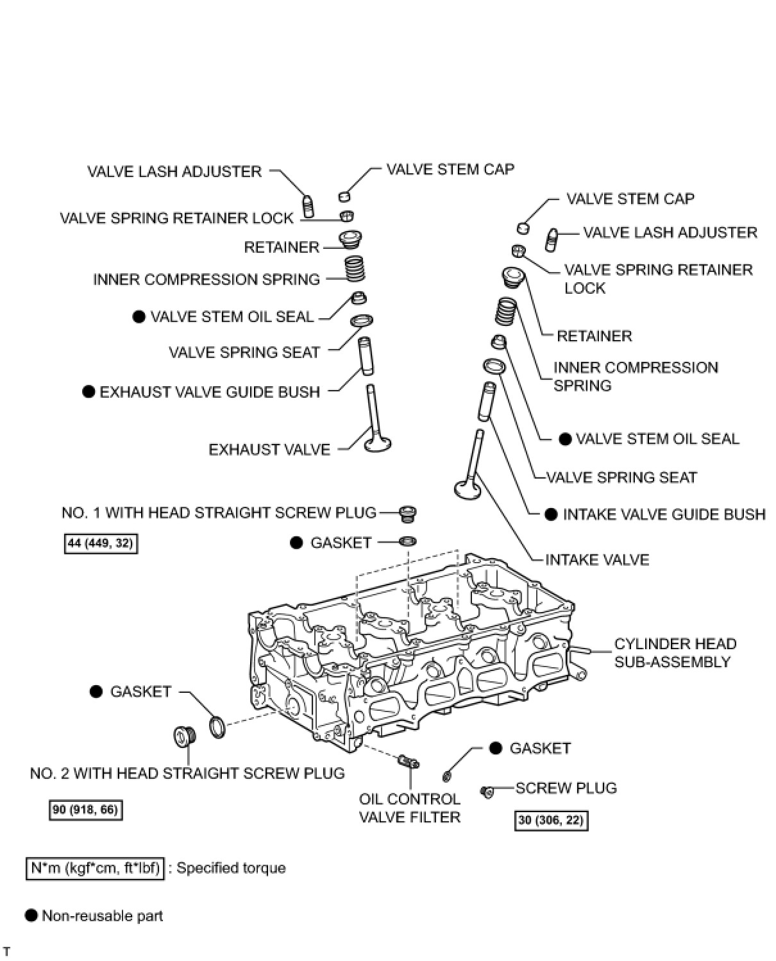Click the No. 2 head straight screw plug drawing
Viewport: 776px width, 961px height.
tap(185, 737)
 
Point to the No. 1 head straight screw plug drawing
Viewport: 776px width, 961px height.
tap(407, 513)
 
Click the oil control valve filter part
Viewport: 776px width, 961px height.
tap(408, 761)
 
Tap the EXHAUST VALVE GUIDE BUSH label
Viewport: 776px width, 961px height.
tap(209, 392)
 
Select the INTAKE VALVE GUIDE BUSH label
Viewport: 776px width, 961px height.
tap(664, 515)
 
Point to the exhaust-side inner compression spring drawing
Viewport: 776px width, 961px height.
tap(355, 268)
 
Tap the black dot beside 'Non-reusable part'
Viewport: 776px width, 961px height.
tap(31, 915)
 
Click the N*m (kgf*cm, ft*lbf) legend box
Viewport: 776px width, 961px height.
tap(95, 868)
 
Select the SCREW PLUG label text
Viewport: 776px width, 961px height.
tap(566, 788)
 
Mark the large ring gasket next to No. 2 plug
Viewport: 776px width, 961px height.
tap(217, 727)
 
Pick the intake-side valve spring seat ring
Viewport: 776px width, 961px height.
tap(494, 366)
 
